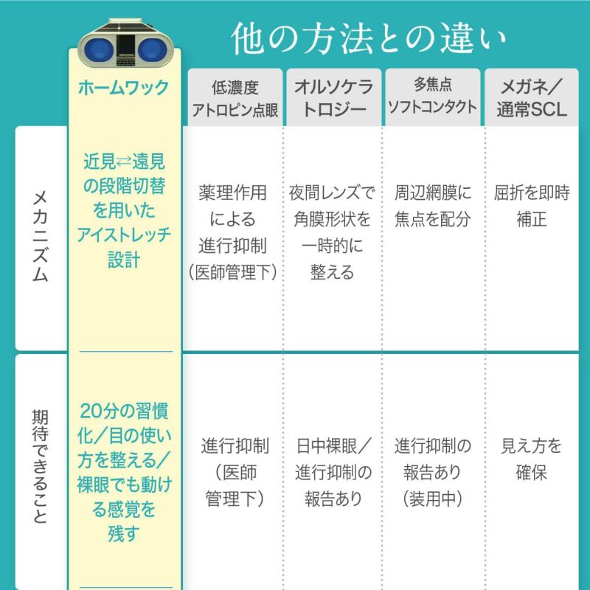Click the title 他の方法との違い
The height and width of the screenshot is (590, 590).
[368, 38]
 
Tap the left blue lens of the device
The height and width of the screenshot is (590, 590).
[99, 50]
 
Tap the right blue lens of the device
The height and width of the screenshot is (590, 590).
[153, 50]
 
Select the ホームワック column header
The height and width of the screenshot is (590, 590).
[124, 88]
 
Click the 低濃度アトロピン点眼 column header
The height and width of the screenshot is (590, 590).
[235, 99]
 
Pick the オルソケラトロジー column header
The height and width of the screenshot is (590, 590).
[334, 98]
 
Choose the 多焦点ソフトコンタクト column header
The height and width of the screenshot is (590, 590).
[433, 96]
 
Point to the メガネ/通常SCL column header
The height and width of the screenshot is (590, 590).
[531, 98]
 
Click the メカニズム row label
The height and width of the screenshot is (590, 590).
[41, 236]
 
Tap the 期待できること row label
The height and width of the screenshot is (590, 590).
[41, 466]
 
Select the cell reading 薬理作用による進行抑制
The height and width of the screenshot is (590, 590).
[233, 232]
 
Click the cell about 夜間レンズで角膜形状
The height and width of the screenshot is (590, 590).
[333, 232]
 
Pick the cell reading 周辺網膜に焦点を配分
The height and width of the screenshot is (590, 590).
[433, 206]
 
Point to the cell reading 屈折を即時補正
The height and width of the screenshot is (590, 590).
[532, 206]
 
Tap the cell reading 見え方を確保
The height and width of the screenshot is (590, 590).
[531, 459]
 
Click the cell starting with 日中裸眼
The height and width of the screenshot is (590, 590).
[333, 472]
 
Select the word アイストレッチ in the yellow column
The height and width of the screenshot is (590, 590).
[124, 235]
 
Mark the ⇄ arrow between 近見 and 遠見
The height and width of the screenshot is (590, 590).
[123, 162]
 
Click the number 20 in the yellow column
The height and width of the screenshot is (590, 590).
[91, 411]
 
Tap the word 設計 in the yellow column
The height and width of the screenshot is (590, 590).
[124, 260]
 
